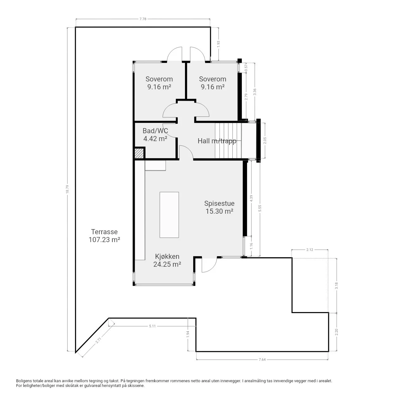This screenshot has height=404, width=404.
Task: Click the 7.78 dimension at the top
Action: tap(143, 19)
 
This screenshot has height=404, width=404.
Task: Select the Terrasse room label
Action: tap(104, 232)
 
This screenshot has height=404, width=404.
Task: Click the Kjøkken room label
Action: tap(167, 256)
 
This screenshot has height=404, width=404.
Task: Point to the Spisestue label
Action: tap(219, 203)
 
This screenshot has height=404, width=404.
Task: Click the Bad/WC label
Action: tap(155, 131)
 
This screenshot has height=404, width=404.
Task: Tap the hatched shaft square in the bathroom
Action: tap(139, 153)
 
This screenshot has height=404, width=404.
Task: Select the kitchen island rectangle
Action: tap(169, 215)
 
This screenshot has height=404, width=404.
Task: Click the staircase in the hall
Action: tap(228, 140)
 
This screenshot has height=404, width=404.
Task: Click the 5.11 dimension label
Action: tap(152, 326)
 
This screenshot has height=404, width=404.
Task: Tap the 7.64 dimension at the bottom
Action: tap(262, 359)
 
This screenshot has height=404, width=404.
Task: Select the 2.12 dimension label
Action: tap(310, 249)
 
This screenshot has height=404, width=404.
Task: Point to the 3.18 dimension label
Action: tap(336, 286)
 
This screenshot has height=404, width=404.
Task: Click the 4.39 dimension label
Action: tap(251, 198)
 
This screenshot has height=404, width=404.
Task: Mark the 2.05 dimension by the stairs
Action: tap(265, 140)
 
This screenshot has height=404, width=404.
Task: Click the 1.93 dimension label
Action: tap(218, 44)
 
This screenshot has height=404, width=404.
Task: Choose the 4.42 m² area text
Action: tap(155, 138)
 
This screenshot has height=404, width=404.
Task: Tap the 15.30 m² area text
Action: tap(219, 211)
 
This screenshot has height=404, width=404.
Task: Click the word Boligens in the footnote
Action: tap(24, 381)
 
